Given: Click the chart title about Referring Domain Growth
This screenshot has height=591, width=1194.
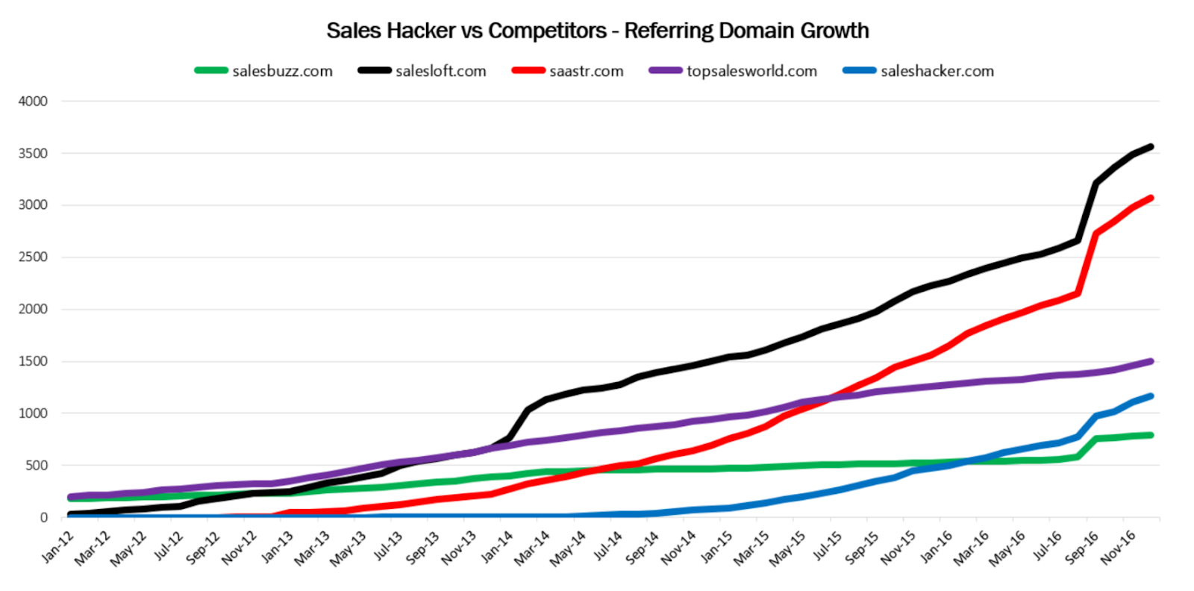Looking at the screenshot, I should (x=598, y=31).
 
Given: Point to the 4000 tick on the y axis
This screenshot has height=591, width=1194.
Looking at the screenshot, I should (x=33, y=101).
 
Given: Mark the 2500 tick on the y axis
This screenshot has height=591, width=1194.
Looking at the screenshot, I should (x=33, y=257).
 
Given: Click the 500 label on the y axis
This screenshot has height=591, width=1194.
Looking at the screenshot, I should (x=36, y=466).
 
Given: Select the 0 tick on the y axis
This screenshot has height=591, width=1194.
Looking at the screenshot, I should (x=43, y=518).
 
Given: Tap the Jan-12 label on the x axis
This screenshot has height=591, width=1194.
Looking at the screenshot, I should (x=57, y=546).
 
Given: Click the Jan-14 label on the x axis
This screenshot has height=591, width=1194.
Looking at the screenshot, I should (x=497, y=546).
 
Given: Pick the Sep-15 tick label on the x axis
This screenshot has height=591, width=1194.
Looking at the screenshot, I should (x=862, y=546).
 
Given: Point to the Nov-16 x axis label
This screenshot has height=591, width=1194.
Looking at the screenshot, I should (x=1118, y=546).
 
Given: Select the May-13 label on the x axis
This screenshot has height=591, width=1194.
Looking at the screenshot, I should (x=350, y=546).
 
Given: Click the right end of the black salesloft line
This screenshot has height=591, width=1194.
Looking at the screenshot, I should (x=1151, y=146).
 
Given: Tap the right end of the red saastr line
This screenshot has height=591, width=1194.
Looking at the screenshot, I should (x=1151, y=198).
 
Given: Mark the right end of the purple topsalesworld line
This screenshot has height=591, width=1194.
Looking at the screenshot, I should (x=1151, y=361).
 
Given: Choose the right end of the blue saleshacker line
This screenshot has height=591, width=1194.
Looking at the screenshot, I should (x=1151, y=396).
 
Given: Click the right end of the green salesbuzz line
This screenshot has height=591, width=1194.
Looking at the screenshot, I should (x=1151, y=435).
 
